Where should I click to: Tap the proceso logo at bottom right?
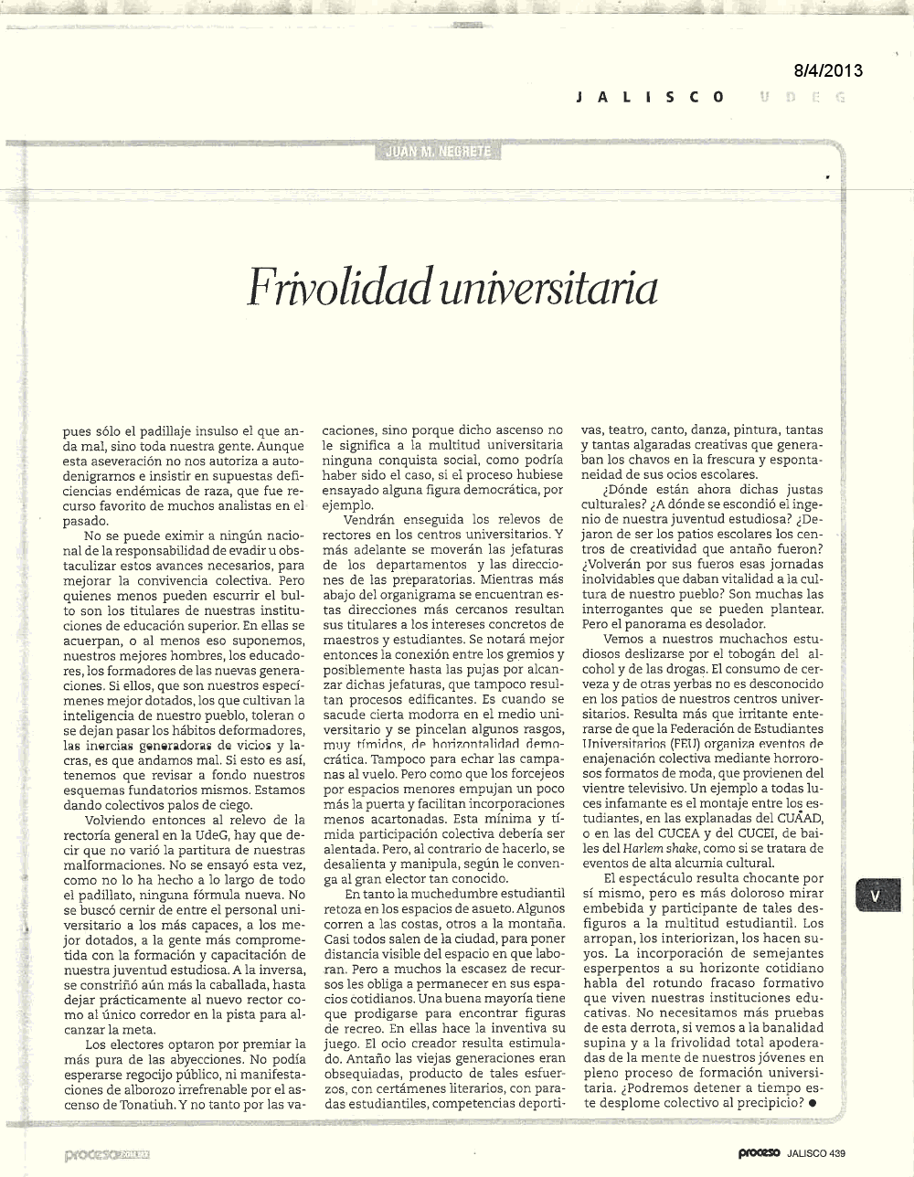[760, 1153]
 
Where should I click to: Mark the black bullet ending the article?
[813, 1103]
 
